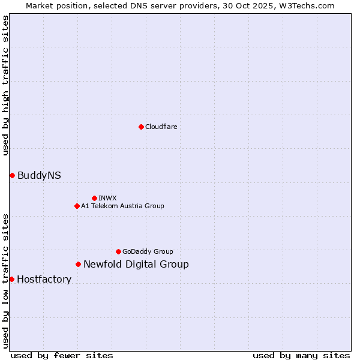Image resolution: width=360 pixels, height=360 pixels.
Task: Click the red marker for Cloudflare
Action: [141, 127]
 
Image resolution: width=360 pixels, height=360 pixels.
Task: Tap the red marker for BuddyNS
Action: [12, 175]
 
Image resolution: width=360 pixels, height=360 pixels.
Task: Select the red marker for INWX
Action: [94, 198]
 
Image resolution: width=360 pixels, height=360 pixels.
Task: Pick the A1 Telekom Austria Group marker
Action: [77, 206]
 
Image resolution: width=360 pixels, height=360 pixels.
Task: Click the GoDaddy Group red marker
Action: [118, 251]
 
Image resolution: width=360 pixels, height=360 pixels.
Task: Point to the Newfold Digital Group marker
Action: [78, 264]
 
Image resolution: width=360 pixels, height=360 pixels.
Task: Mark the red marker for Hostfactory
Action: [11, 279]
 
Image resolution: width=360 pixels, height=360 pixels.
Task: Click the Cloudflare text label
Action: [161, 127]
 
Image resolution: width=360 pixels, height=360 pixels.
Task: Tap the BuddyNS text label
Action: [39, 175]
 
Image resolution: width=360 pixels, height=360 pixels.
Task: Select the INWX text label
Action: [107, 198]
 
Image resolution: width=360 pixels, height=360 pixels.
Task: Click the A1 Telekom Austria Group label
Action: [122, 206]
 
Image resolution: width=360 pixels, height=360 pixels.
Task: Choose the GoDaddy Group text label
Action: [148, 251]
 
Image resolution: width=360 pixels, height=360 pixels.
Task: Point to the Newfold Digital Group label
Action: [136, 264]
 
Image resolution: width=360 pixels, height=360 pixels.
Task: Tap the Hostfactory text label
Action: [44, 279]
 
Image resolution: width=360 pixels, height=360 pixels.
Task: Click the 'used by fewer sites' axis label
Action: [62, 355]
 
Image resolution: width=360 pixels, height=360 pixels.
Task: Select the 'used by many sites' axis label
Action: [301, 355]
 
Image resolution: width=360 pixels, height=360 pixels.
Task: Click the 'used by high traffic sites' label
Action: [5, 85]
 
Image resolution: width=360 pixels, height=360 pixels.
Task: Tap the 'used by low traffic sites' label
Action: [5, 281]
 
